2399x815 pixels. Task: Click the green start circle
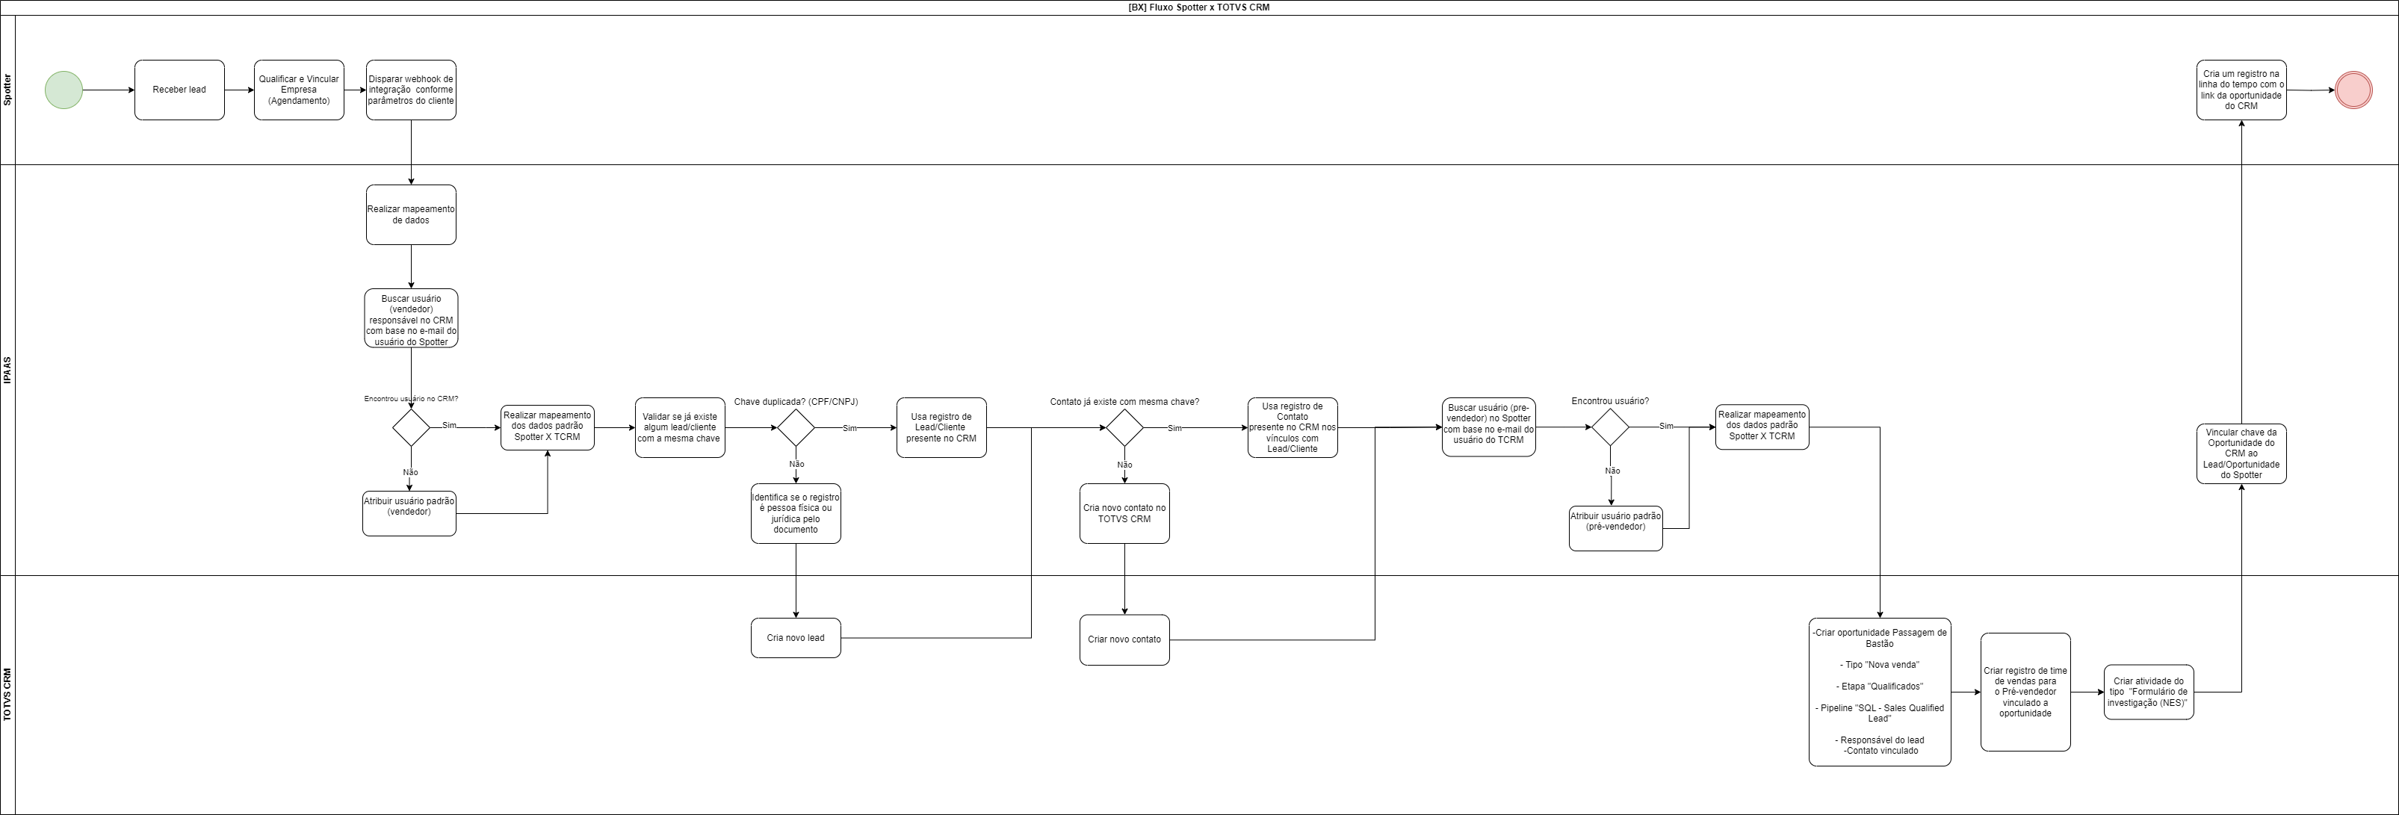[x=64, y=90]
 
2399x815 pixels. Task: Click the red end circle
[x=2353, y=90]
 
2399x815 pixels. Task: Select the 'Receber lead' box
[x=179, y=90]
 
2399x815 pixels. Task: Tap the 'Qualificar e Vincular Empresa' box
[x=299, y=90]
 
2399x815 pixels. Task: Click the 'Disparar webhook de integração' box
[x=411, y=90]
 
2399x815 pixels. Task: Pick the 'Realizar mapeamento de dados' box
[x=411, y=215]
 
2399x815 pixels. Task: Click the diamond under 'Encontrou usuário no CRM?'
[x=411, y=427]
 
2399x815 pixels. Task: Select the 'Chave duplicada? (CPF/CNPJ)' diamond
[x=796, y=427]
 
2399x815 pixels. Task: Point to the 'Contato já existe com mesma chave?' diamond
[x=1124, y=427]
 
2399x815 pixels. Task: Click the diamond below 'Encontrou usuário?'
[x=1610, y=427]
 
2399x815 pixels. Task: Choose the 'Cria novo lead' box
[x=796, y=638]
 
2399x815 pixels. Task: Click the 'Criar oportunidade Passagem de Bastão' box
[x=1879, y=692]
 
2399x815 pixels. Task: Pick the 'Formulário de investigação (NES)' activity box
[x=2149, y=692]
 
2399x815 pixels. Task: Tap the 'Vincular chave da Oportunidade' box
[x=2241, y=453]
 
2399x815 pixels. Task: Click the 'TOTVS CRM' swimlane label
[x=7, y=694]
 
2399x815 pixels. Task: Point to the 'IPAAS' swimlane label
[x=7, y=370]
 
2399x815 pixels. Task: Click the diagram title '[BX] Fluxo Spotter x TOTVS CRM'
[x=1198, y=7]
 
